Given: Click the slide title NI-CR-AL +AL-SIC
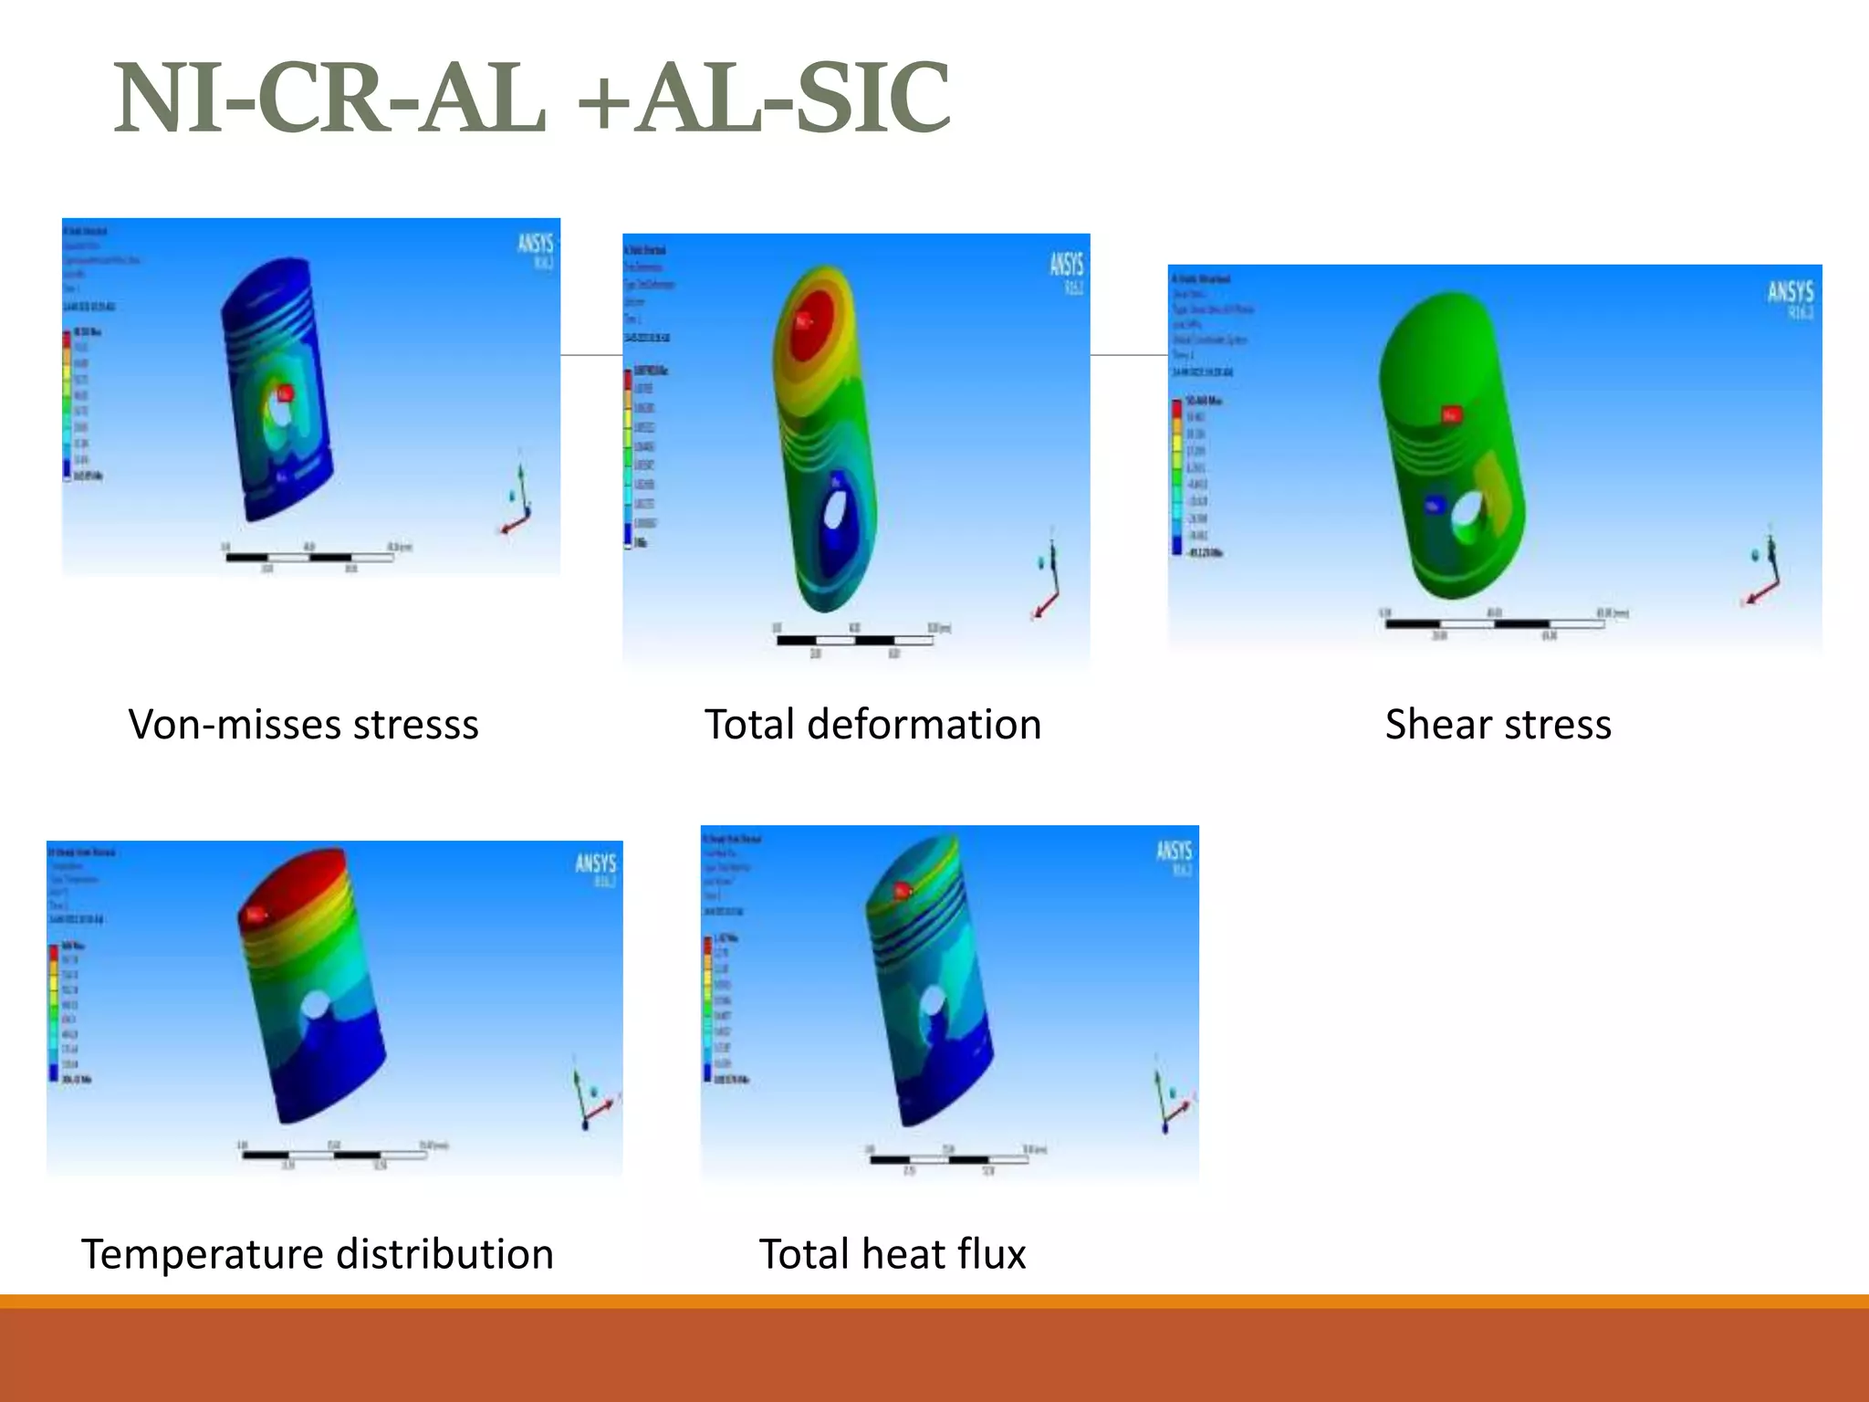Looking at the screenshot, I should click(532, 98).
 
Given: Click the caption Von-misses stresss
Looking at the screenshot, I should click(303, 725).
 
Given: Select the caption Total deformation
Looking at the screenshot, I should click(872, 725).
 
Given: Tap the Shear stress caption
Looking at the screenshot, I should click(1498, 725).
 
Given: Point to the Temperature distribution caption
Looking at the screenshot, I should click(318, 1254).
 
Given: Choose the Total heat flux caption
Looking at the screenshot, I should click(893, 1254).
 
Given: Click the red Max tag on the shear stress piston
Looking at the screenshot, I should click(1451, 415).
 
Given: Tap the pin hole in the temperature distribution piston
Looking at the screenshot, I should click(314, 1006).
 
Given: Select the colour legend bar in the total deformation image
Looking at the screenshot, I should click(628, 456).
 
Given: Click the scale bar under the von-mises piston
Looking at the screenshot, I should click(310, 557).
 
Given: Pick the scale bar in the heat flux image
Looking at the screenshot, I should click(949, 1159).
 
